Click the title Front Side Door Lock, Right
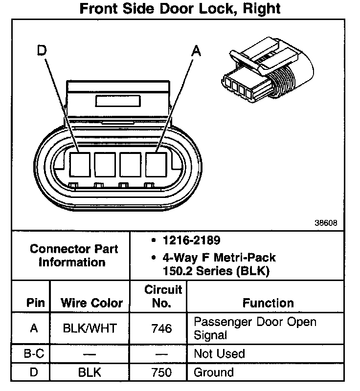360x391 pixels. (180, 9)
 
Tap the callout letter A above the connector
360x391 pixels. (196, 50)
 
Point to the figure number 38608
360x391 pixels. (326, 223)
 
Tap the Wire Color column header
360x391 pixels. (91, 303)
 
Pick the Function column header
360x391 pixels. (268, 303)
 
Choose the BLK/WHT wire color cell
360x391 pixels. (90, 328)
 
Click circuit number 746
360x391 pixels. (161, 328)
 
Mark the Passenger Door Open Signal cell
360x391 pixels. (255, 328)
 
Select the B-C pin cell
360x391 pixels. (33, 353)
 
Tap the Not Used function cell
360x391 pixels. (219, 353)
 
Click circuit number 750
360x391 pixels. (161, 372)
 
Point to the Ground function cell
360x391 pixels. (214, 372)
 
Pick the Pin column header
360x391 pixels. (35, 303)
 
